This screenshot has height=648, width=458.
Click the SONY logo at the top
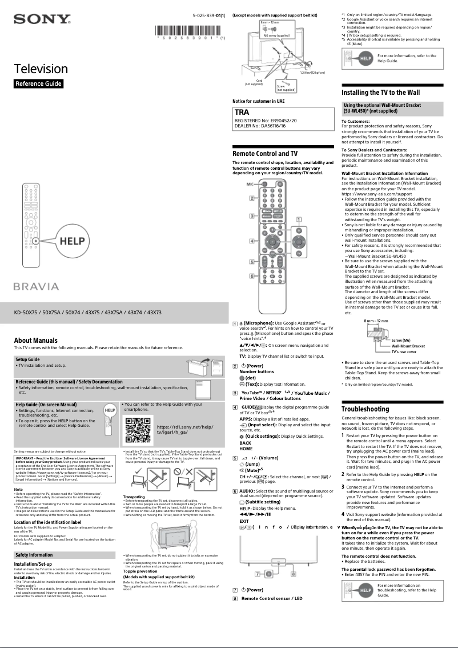point(42,20)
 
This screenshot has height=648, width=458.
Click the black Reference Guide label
point(38,84)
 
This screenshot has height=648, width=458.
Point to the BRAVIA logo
point(37,286)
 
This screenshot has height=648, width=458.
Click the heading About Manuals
point(36,341)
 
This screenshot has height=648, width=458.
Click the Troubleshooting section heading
point(365,409)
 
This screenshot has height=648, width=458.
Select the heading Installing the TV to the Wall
point(380,92)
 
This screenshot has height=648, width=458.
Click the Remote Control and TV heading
point(264,154)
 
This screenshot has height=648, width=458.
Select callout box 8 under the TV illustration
point(293,573)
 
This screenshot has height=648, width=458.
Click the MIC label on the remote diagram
point(250,185)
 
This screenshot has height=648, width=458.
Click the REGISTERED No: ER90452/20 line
point(266,121)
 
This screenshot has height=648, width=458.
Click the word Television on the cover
point(41,69)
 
